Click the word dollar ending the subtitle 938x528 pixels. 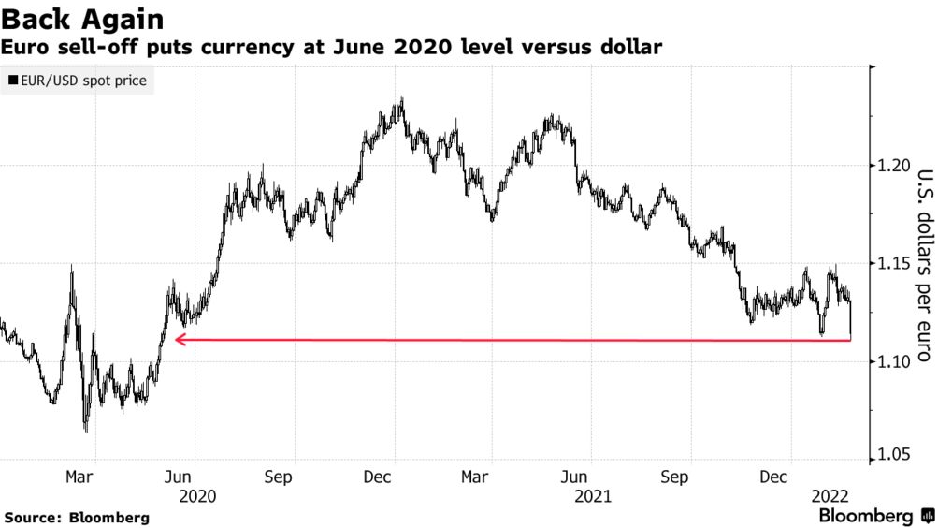pyautogui.click(x=631, y=46)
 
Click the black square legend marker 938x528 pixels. pyautogui.click(x=11, y=81)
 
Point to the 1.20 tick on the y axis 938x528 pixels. pyautogui.click(x=893, y=166)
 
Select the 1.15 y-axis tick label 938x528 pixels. pyautogui.click(x=893, y=264)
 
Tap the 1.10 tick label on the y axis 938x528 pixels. pyautogui.click(x=893, y=362)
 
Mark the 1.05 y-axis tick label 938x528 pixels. pyautogui.click(x=893, y=456)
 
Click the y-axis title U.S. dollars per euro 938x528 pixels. pyautogui.click(x=924, y=264)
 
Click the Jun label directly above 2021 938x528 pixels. pyautogui.click(x=581, y=477)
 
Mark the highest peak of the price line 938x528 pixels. pyautogui.click(x=401, y=98)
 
